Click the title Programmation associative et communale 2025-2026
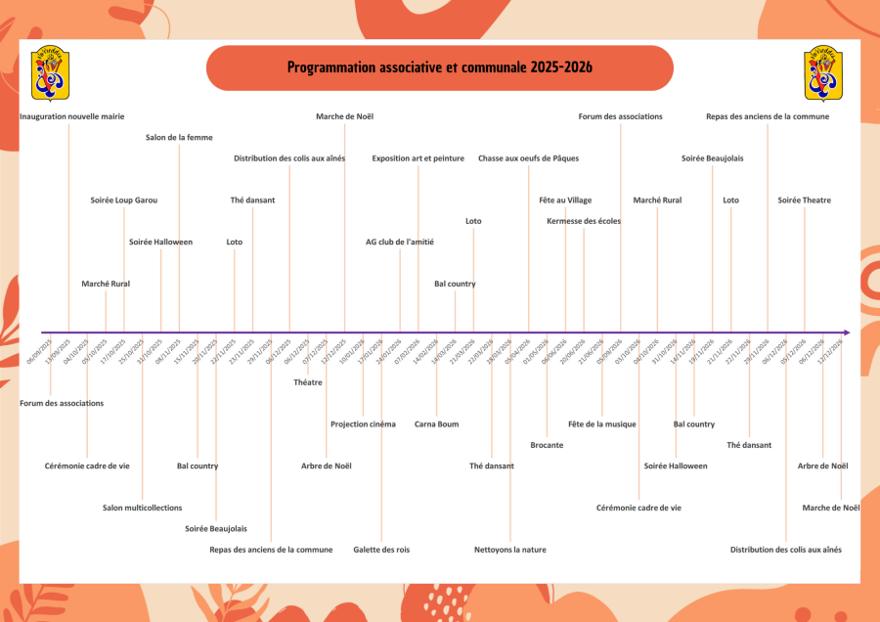439,67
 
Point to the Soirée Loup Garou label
124,200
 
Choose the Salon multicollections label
143,508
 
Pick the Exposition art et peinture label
418,158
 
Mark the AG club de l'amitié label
400,242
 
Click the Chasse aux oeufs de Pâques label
528,158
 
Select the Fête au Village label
565,200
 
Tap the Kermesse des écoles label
584,221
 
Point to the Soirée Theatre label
804,200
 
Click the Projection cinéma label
363,424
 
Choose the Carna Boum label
436,424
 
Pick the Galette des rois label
381,550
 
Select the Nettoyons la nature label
510,550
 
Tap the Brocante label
547,445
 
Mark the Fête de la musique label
602,424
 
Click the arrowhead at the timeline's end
846,333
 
